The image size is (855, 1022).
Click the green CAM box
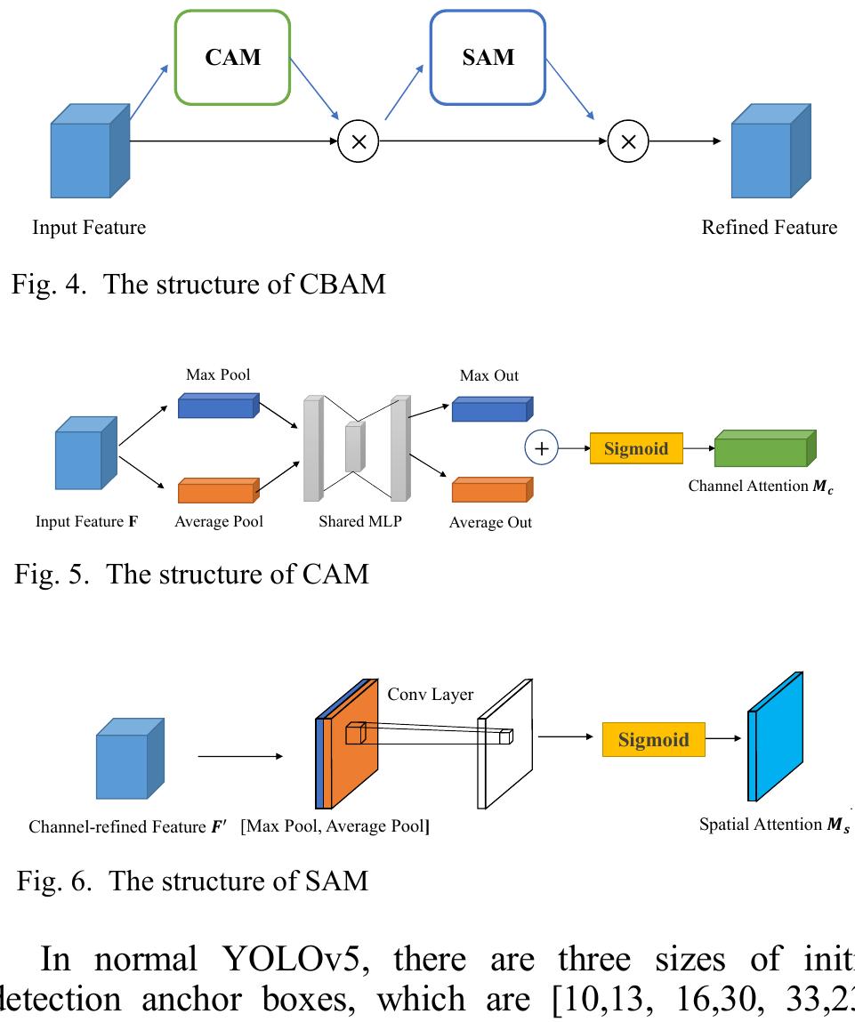click(x=233, y=58)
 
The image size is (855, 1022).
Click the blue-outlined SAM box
click(x=488, y=58)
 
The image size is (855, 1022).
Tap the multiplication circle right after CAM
click(x=359, y=141)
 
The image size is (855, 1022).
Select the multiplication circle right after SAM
click(x=628, y=141)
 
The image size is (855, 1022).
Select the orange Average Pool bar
click(x=218, y=490)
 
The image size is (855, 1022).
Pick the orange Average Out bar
click(x=491, y=490)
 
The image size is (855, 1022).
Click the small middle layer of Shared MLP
click(x=354, y=447)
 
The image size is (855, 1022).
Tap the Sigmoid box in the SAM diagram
click(x=653, y=740)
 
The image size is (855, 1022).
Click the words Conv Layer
click(x=431, y=695)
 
